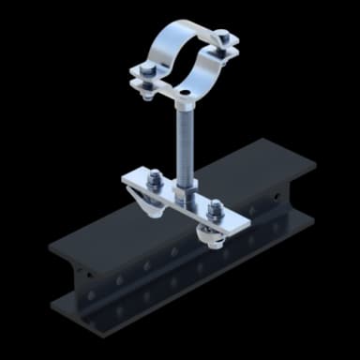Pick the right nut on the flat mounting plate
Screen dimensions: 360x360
[x=214, y=207]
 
